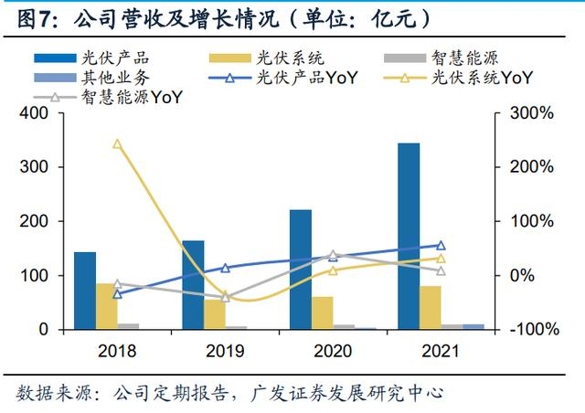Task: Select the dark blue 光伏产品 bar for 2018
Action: (85, 290)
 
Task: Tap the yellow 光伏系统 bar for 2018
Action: (107, 306)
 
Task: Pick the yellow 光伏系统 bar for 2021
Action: (431, 307)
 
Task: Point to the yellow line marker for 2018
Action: (117, 143)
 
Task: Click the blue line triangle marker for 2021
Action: (441, 245)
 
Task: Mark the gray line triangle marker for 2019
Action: (225, 297)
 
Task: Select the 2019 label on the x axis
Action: (225, 350)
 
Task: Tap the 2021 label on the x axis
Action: (441, 350)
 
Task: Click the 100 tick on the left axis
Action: (35, 275)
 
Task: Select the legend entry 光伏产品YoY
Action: (291, 77)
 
